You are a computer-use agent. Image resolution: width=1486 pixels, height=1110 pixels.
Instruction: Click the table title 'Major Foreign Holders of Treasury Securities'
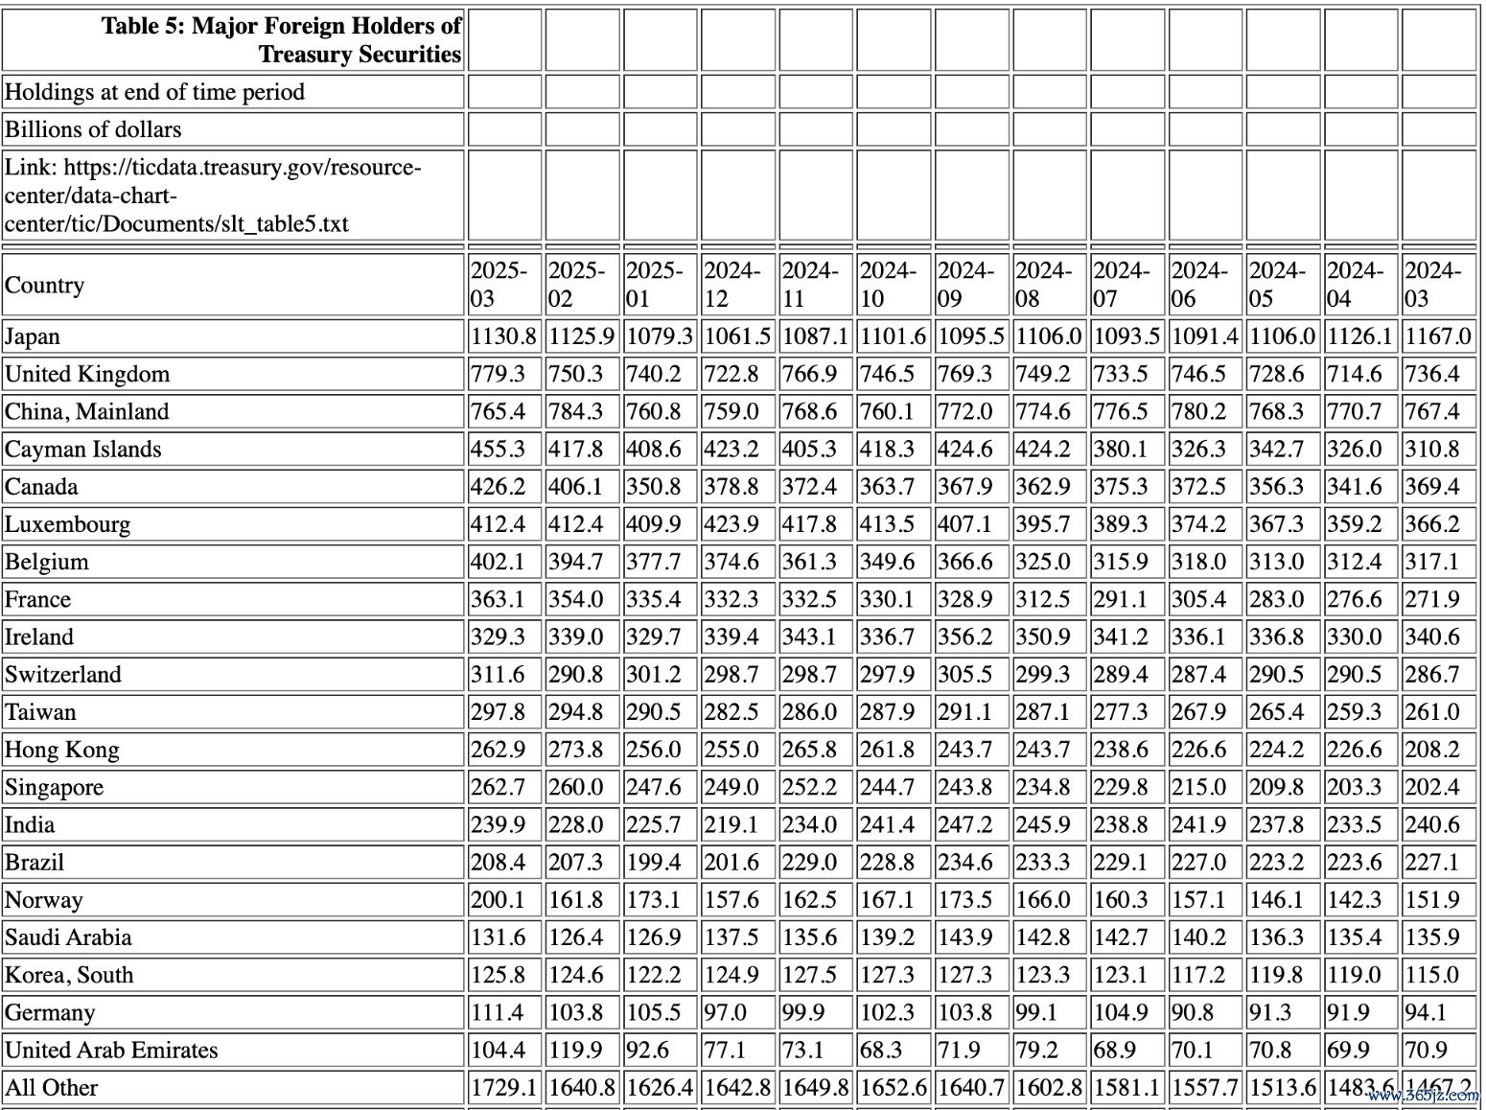[x=281, y=39]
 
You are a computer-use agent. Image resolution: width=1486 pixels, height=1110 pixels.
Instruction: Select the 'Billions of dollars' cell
[x=93, y=129]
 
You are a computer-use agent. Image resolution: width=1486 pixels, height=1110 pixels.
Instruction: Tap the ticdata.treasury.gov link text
[x=212, y=196]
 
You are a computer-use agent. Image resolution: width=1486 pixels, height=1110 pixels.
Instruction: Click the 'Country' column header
[x=44, y=285]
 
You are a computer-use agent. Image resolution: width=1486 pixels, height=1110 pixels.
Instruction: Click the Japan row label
[x=33, y=336]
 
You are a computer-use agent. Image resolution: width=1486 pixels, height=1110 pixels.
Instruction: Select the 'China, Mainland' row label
[x=86, y=411]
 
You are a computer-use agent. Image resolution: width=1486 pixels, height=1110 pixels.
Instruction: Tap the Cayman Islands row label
[x=82, y=449]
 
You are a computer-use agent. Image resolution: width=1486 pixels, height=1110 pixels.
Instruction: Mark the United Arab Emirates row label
[x=111, y=1050]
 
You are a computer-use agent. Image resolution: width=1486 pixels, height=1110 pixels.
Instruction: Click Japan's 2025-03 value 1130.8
[x=503, y=336]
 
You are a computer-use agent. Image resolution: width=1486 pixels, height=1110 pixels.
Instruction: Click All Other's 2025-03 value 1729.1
[x=503, y=1087]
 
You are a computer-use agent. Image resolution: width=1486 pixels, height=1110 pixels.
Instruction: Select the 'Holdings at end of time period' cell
[x=154, y=92]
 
